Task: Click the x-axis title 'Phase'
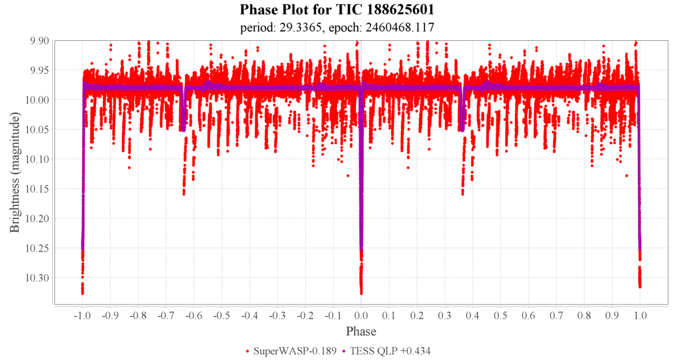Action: [361, 331]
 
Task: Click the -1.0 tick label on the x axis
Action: [82, 315]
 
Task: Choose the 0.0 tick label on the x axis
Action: [361, 315]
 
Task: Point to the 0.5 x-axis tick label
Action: [500, 315]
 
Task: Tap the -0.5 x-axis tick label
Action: [221, 315]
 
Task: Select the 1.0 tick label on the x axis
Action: [640, 315]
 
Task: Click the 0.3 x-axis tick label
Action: [445, 315]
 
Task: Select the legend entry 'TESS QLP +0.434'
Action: [389, 351]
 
